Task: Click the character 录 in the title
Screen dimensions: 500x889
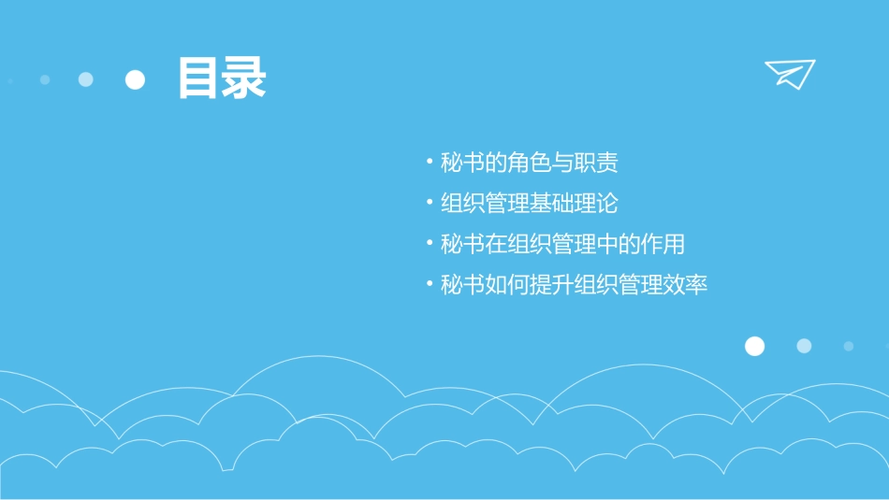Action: pyautogui.click(x=243, y=79)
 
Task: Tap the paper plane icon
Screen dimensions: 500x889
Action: pyautogui.click(x=789, y=73)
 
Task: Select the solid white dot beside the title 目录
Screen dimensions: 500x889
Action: pyautogui.click(x=136, y=79)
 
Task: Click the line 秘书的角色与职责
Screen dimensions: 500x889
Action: pyautogui.click(x=529, y=164)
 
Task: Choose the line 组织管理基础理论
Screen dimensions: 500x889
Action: pyautogui.click(x=529, y=204)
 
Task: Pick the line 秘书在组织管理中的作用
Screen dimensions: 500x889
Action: pyautogui.click(x=562, y=245)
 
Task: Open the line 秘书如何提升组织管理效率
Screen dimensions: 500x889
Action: pyautogui.click(x=574, y=285)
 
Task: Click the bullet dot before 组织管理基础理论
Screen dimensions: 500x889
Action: pyautogui.click(x=430, y=204)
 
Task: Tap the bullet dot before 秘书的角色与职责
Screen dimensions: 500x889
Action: pyautogui.click(x=430, y=164)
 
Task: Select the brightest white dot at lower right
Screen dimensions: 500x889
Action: pyautogui.click(x=754, y=346)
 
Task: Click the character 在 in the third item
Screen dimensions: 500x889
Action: pyautogui.click(x=495, y=245)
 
